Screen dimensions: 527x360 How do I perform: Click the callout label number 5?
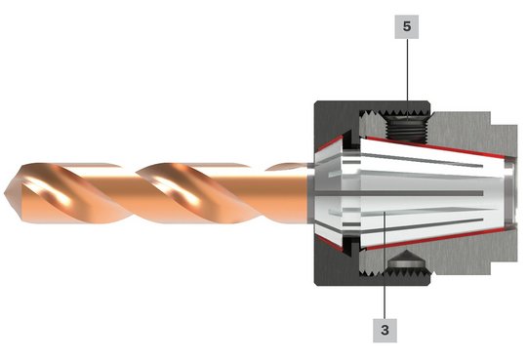[x=407, y=26]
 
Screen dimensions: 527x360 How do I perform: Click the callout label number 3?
[x=385, y=331]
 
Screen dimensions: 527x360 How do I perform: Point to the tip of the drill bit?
[x=4, y=193]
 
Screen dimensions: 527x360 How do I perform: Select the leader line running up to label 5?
[x=408, y=80]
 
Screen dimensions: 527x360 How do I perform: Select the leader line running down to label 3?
[x=385, y=264]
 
